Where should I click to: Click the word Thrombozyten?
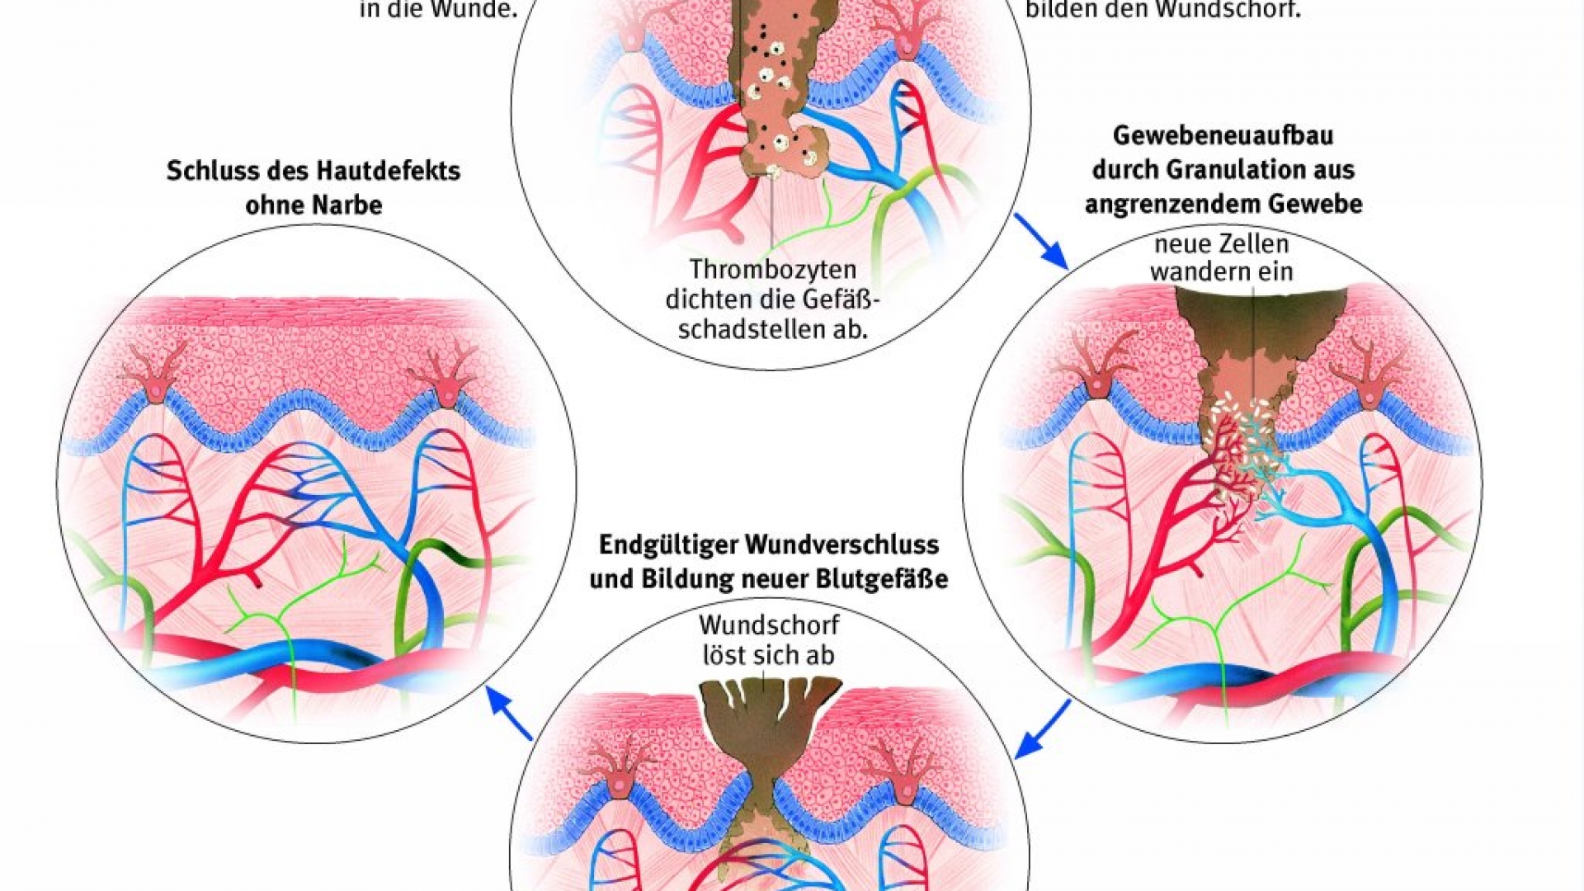[761, 270]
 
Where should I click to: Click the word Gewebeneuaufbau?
[1223, 134]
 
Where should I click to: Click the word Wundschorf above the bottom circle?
[769, 625]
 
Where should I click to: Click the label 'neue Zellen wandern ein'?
[1221, 257]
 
